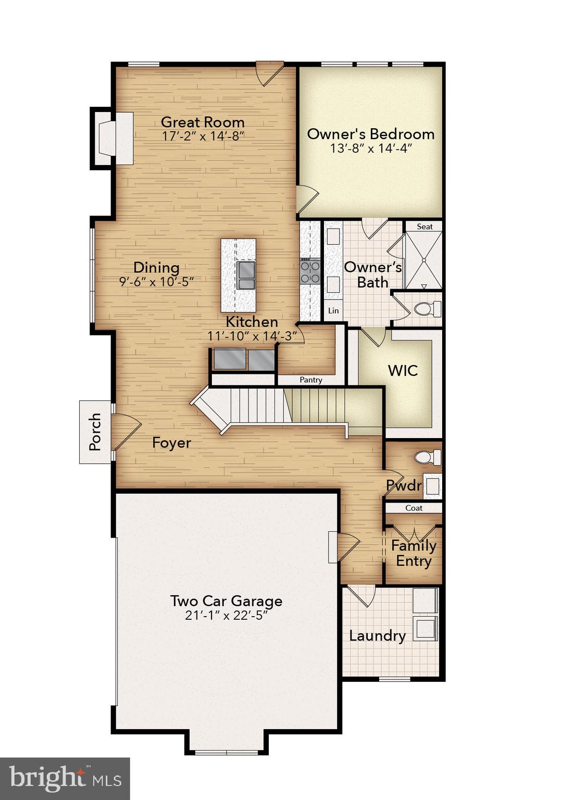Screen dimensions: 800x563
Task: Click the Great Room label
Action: [203, 122]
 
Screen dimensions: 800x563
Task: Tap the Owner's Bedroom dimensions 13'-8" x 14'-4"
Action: [371, 148]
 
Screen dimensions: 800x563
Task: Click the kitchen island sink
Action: [246, 275]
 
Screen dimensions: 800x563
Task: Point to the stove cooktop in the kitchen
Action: [310, 272]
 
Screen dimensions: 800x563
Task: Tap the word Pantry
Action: [311, 380]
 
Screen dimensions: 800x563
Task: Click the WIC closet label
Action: [403, 371]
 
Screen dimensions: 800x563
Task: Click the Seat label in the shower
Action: [424, 227]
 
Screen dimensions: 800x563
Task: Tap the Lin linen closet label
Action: [333, 310]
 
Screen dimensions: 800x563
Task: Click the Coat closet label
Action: [414, 508]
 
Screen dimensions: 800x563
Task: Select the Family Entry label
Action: [414, 554]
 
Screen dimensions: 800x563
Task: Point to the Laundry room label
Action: [377, 636]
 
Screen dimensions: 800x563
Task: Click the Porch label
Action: [95, 432]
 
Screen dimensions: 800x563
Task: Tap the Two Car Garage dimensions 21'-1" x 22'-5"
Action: [227, 616]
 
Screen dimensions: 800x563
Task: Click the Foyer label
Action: [171, 443]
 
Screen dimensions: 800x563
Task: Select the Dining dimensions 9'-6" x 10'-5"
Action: [156, 282]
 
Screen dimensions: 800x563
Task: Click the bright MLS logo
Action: [65, 779]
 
